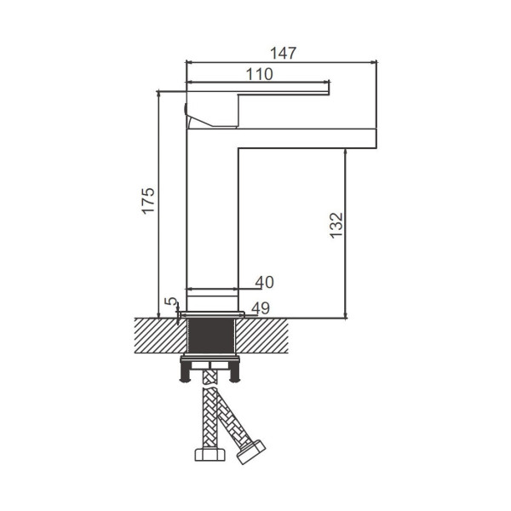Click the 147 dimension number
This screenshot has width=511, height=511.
(284, 53)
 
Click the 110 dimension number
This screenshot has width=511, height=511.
(260, 74)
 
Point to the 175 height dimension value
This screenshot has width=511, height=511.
(148, 200)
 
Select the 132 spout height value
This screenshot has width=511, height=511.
(336, 225)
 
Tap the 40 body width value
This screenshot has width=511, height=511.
(264, 282)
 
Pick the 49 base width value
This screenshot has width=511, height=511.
(261, 308)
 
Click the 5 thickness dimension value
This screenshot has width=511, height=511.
(170, 301)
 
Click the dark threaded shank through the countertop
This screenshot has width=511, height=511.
(211, 336)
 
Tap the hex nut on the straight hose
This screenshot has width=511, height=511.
(210, 455)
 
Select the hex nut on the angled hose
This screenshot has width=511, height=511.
(251, 451)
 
